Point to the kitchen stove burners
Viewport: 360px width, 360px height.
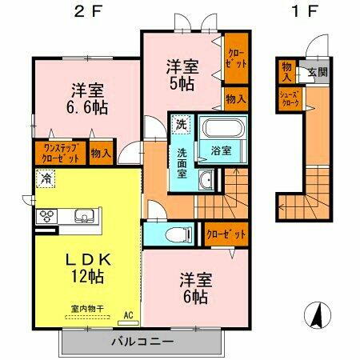(46, 215)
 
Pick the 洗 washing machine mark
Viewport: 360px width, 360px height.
(181, 125)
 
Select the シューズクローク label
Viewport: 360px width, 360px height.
(289, 98)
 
